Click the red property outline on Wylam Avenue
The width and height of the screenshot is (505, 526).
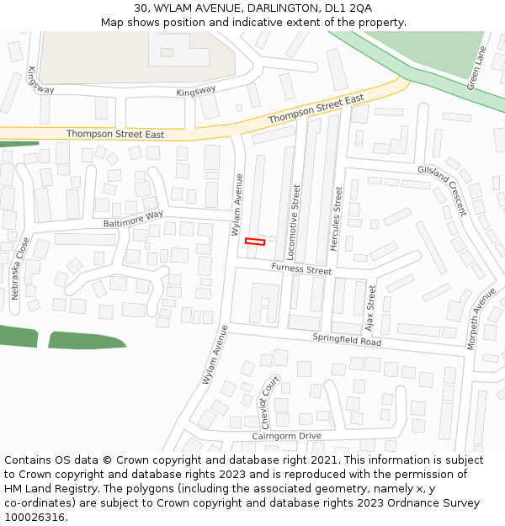pyautogui.click(x=254, y=242)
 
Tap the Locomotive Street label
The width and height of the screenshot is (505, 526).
pyautogui.click(x=295, y=221)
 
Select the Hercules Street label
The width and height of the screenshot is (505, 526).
pyautogui.click(x=338, y=218)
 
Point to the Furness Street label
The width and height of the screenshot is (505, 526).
pyautogui.click(x=301, y=269)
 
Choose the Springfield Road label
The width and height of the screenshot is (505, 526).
pyautogui.click(x=347, y=340)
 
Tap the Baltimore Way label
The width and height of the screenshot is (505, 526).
pyautogui.click(x=133, y=219)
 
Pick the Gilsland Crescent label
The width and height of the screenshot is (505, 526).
pyautogui.click(x=442, y=190)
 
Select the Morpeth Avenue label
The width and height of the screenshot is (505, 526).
pyautogui.click(x=481, y=319)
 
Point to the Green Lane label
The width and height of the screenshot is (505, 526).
pyautogui.click(x=476, y=67)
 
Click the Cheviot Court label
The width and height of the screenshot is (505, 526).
pyautogui.click(x=268, y=402)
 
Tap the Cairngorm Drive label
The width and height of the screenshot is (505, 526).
pyautogui.click(x=287, y=436)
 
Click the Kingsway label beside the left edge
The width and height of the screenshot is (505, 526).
pyautogui.click(x=40, y=80)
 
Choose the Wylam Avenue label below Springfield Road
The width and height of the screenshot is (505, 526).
pyautogui.click(x=215, y=355)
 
